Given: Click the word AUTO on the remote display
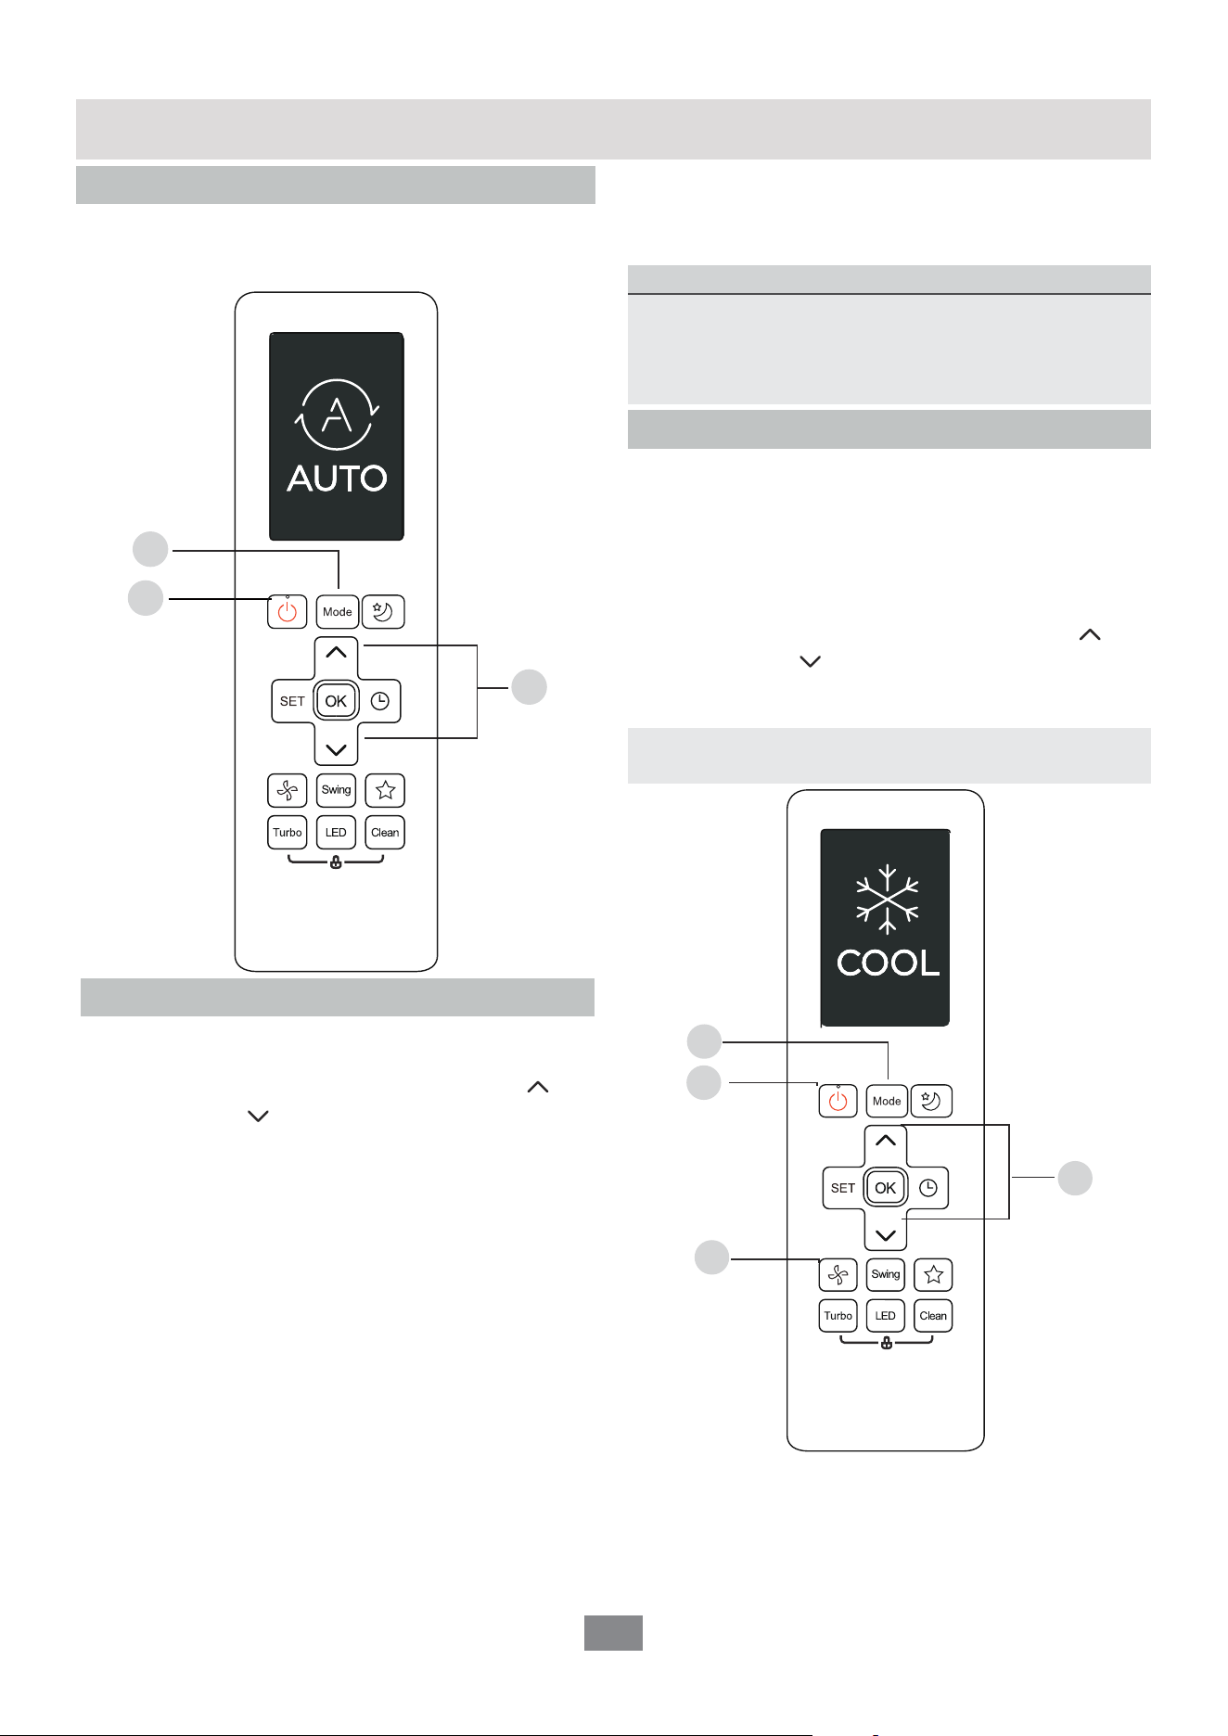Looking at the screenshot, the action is [337, 479].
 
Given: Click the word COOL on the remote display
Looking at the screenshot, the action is [888, 963].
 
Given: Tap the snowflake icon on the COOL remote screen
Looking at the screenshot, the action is [888, 900].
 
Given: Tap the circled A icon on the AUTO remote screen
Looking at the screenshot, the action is [337, 415].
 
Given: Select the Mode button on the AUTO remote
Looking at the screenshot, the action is [337, 612].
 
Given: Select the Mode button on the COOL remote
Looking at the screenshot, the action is [887, 1101].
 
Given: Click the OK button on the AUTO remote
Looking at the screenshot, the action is [336, 701].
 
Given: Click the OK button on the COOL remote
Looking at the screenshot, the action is [886, 1188].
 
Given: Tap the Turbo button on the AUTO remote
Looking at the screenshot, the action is [288, 832].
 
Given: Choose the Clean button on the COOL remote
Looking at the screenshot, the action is [933, 1316].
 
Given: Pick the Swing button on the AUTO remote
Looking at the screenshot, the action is [336, 790].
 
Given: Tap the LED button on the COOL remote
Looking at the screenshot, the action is [886, 1316].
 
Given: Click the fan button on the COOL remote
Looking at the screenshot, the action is [838, 1275].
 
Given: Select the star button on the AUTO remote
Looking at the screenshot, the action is [386, 790].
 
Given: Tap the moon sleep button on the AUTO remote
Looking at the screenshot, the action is [383, 612].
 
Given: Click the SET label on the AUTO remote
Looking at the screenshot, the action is [292, 701].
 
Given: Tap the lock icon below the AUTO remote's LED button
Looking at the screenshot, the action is [336, 863].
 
